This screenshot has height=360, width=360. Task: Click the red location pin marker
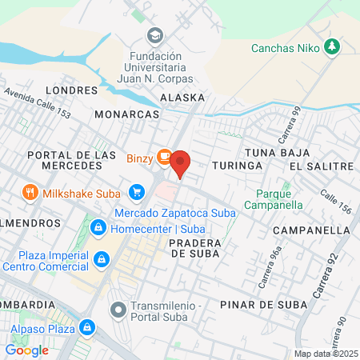point(180,162)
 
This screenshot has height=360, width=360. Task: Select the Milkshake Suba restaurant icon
point(30,193)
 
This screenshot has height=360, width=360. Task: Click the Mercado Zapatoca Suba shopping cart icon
point(136,193)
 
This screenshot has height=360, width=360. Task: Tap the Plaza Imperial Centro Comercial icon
point(102,258)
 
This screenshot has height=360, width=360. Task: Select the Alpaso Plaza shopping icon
point(88,327)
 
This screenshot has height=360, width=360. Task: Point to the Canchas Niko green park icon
point(332,48)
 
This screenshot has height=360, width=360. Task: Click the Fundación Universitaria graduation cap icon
point(154,36)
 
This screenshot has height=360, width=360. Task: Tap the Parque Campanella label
point(279,199)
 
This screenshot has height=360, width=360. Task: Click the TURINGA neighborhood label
point(238,165)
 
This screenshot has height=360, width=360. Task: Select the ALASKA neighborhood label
point(182,97)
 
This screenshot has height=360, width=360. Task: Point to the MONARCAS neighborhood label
point(127,114)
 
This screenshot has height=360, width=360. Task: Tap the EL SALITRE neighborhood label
point(321,166)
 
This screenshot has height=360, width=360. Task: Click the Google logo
point(26,350)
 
